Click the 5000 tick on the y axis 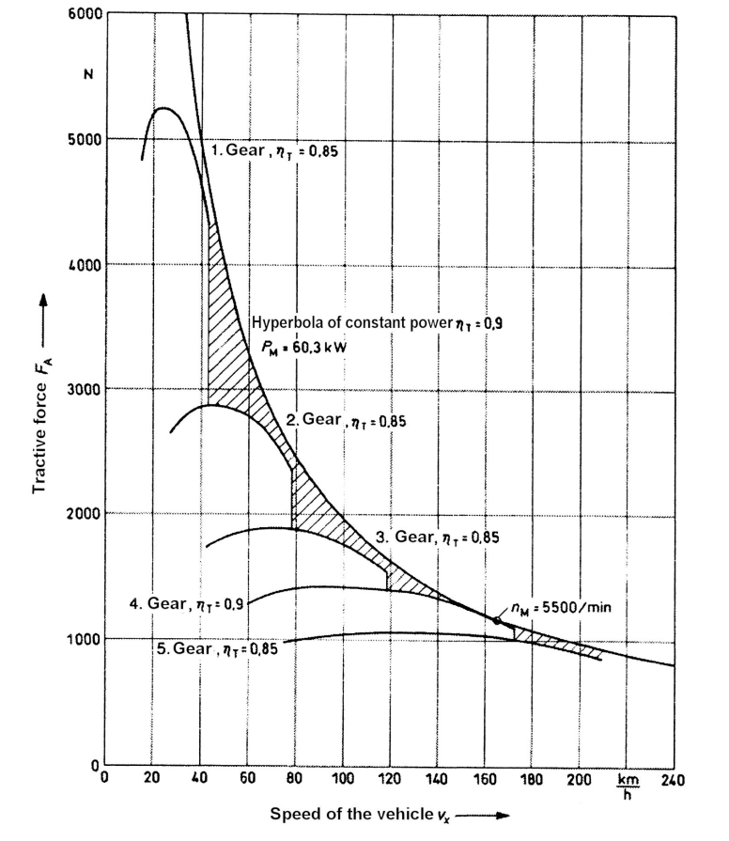pyautogui.click(x=85, y=139)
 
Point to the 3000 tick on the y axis pyautogui.click(x=85, y=389)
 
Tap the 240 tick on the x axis pyautogui.click(x=673, y=779)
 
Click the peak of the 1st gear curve pyautogui.click(x=163, y=108)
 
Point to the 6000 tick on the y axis pyautogui.click(x=85, y=16)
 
